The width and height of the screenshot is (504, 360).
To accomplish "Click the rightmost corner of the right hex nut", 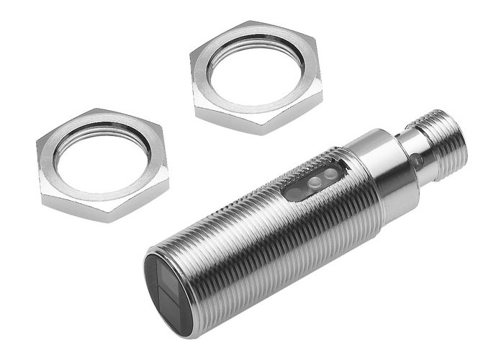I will coord(323,93).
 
